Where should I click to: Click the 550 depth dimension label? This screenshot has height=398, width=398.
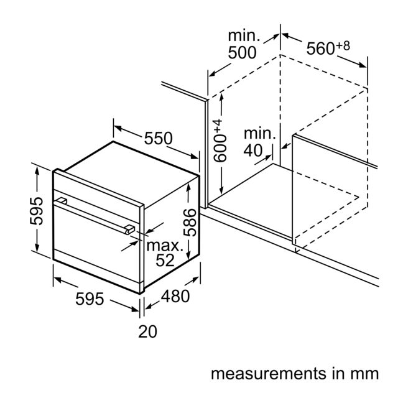pos(159,138)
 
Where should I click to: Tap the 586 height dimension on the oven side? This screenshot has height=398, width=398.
pos(190,223)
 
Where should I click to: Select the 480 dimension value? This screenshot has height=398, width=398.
pos(175,296)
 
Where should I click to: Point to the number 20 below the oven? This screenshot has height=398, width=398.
pos(147,331)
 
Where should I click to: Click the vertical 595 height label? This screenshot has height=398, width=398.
pos(37,211)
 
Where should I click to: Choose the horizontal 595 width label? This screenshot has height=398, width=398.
pos(90,298)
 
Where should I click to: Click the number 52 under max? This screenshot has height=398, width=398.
pos(165,260)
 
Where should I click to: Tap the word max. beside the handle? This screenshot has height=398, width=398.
pos(165,246)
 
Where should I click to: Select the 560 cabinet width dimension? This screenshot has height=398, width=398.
pos(321,49)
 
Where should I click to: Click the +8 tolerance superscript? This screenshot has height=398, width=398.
pos(343,46)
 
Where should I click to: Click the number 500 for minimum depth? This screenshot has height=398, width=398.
pos(242,52)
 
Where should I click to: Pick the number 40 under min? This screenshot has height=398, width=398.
pos(253,150)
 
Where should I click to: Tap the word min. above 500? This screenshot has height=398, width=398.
pos(244,36)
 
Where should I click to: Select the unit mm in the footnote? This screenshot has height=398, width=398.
pos(365,374)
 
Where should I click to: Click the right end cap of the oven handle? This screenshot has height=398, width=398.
pos(130,229)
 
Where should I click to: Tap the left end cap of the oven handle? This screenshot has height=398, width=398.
pos(62,201)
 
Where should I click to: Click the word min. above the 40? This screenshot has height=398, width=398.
pos(260,134)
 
